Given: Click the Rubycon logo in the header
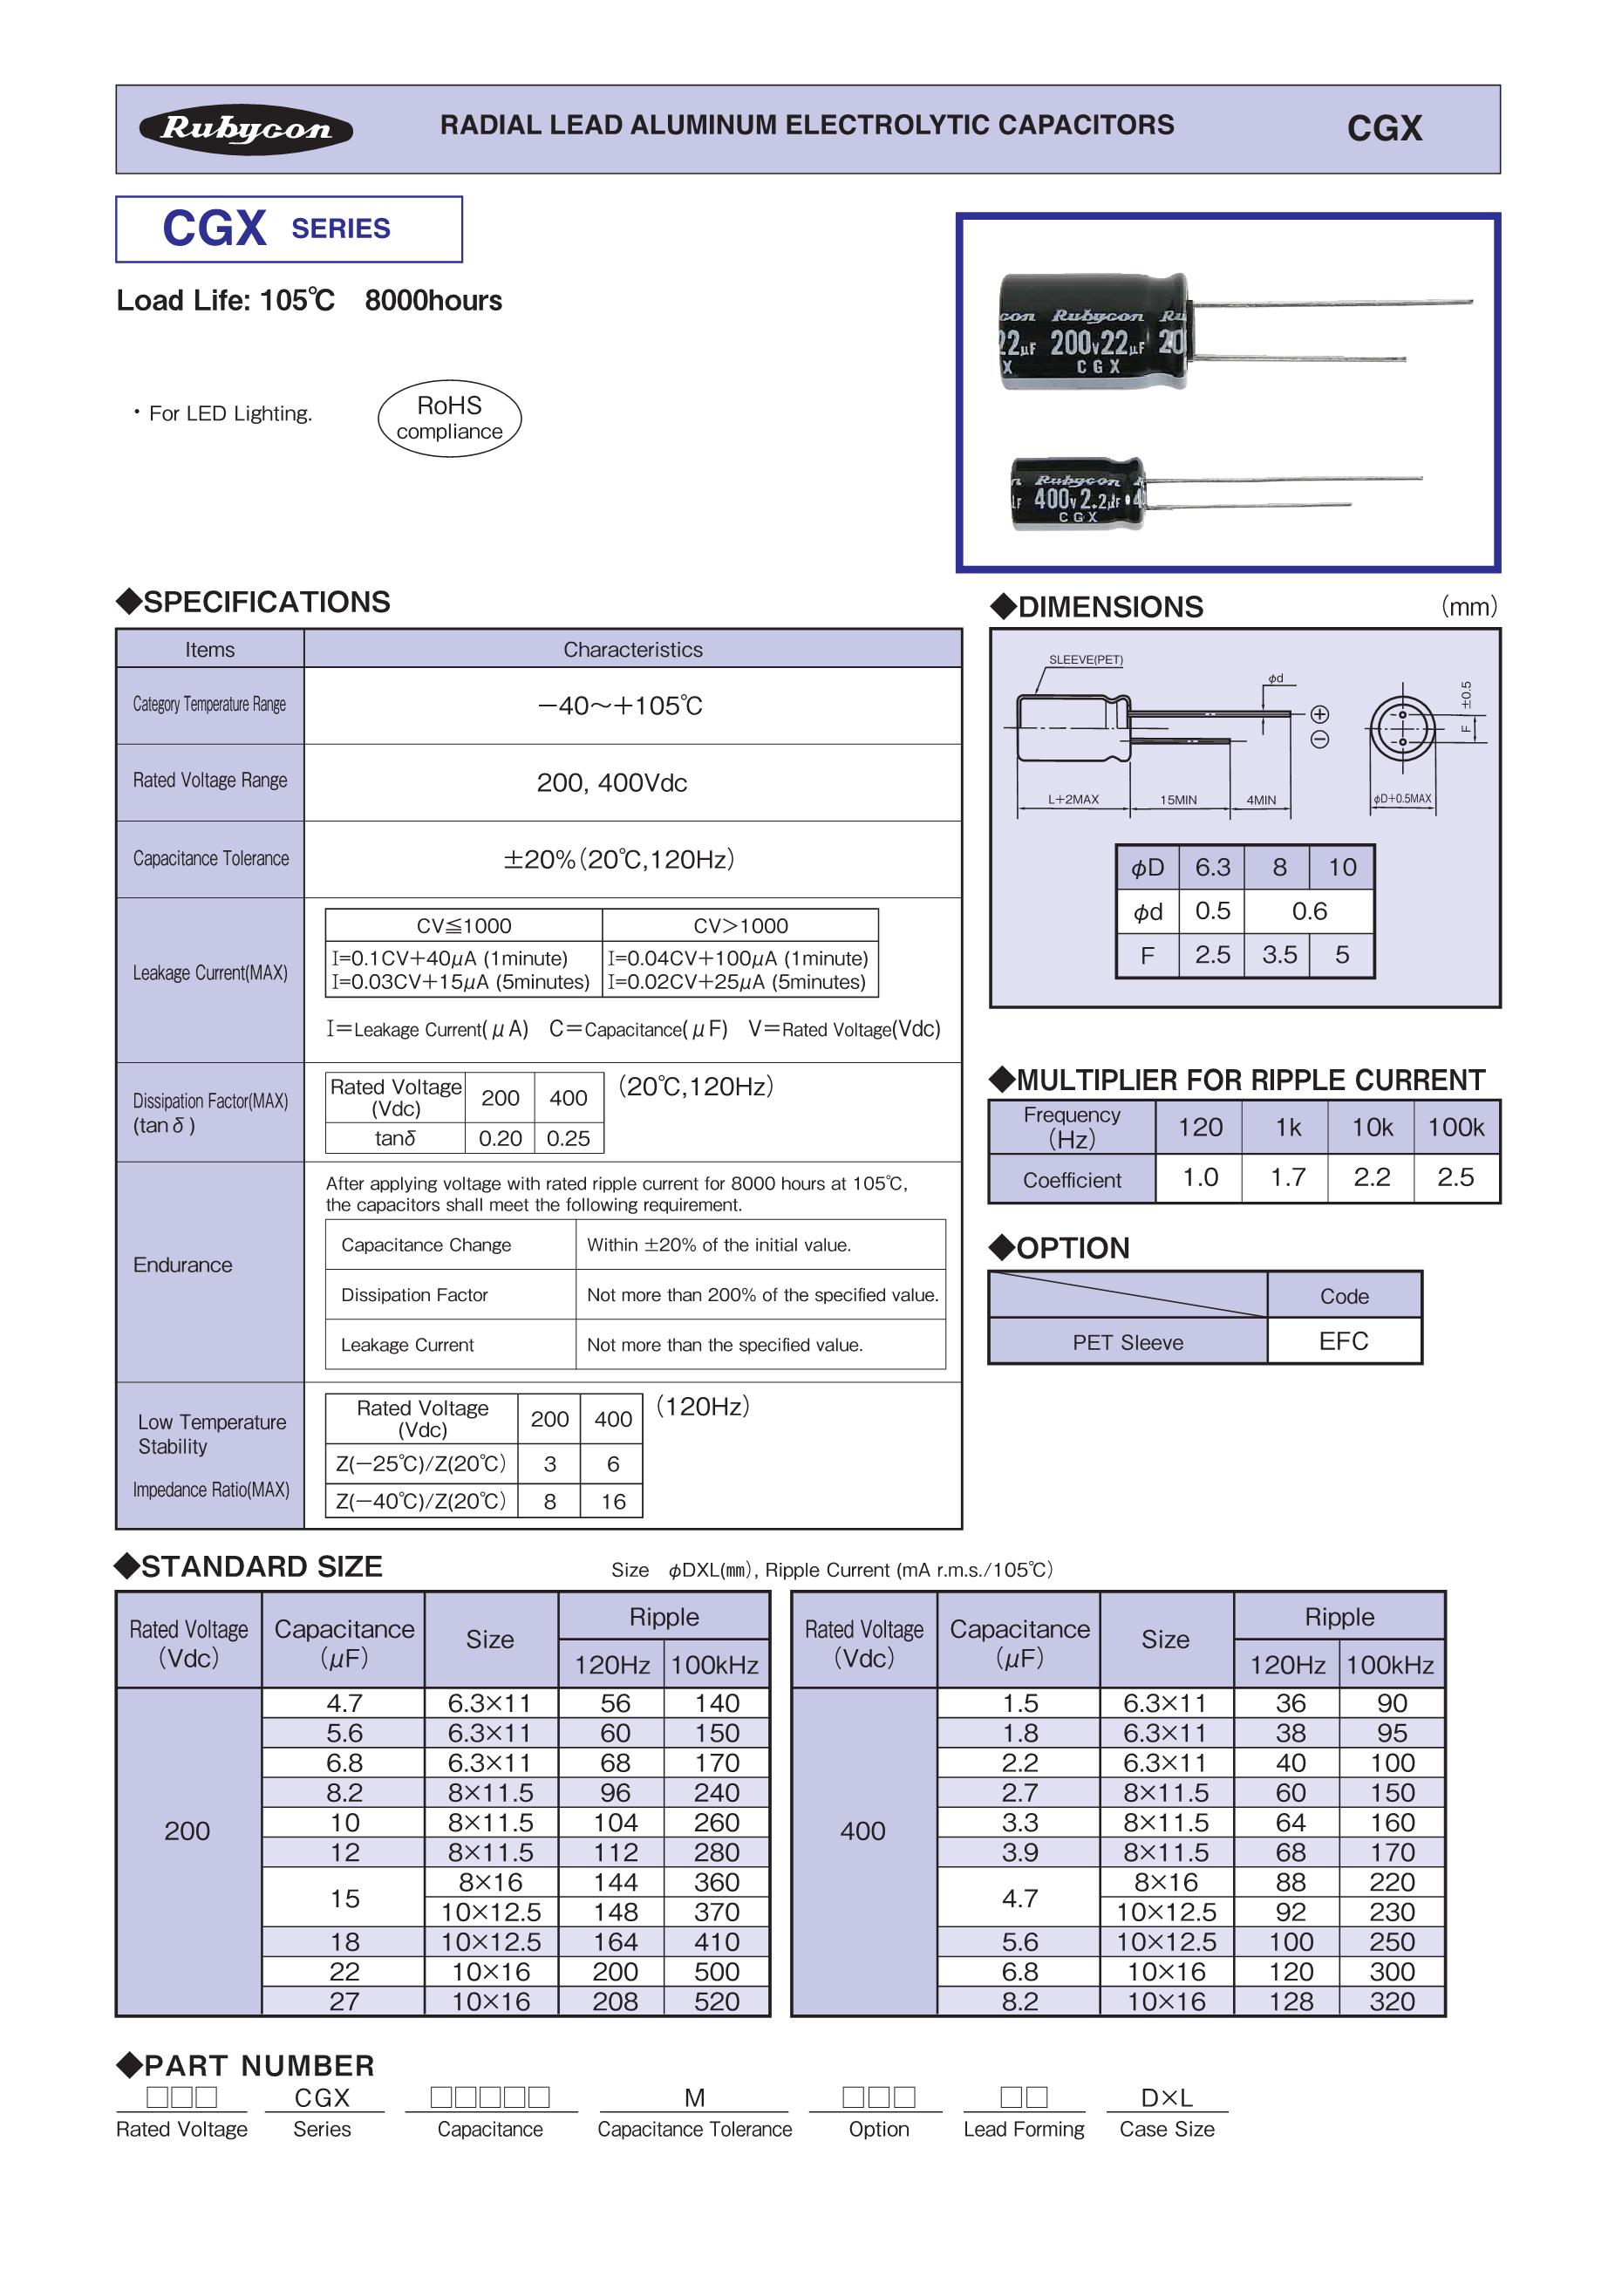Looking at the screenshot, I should pyautogui.click(x=246, y=129).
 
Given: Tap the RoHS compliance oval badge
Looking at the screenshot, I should pyautogui.click(x=449, y=418).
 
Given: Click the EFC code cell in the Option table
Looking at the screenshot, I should pyautogui.click(x=1344, y=1341).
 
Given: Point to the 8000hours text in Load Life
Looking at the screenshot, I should pyautogui.click(x=433, y=300).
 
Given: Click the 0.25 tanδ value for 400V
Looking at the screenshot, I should pyautogui.click(x=568, y=1138).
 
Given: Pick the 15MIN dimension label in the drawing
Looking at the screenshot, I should pyautogui.click(x=1178, y=800).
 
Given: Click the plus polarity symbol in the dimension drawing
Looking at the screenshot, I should pyautogui.click(x=1319, y=714).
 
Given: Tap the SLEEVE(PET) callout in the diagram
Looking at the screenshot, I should pyautogui.click(x=1086, y=659).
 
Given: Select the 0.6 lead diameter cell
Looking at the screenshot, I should pyautogui.click(x=1309, y=911).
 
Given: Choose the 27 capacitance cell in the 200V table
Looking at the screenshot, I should pyautogui.click(x=344, y=2001).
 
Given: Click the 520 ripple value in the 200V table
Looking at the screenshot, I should pyautogui.click(x=716, y=2001).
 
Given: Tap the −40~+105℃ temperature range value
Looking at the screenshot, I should pyautogui.click(x=621, y=706).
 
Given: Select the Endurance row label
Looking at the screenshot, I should pyautogui.click(x=183, y=1265).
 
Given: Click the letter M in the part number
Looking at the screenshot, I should pyautogui.click(x=694, y=2098).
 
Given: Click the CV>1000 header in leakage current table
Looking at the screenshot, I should pyautogui.click(x=741, y=925).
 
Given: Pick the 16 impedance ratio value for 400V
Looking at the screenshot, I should pyautogui.click(x=612, y=1501).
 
